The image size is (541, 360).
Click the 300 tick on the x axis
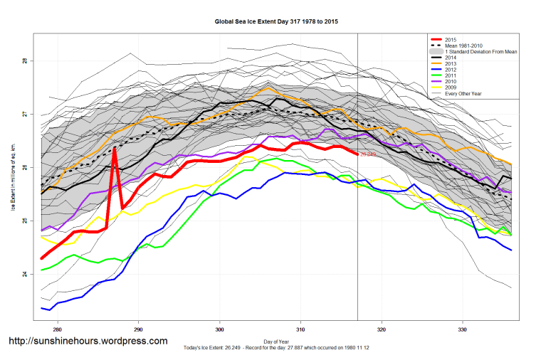219,329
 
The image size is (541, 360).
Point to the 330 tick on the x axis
463,329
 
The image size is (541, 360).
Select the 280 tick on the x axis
57,329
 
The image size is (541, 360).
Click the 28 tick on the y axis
24,61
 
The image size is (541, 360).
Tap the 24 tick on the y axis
24,274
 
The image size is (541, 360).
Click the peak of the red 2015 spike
114,149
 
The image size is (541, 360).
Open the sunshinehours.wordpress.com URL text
88,342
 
